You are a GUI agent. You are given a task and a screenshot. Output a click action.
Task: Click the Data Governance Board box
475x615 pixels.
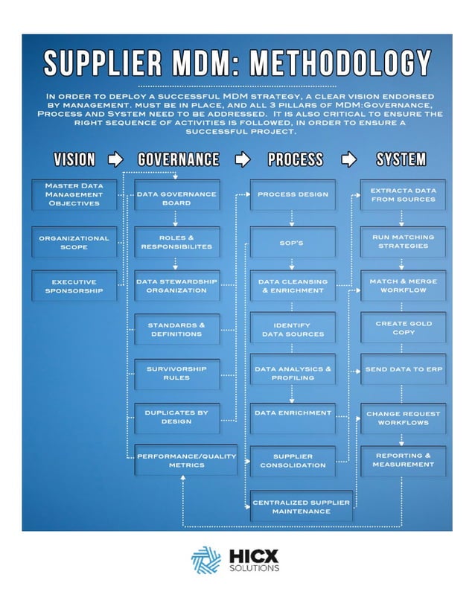pyautogui.click(x=176, y=198)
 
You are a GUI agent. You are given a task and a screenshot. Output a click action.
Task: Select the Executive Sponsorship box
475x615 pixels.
pyautogui.click(x=74, y=287)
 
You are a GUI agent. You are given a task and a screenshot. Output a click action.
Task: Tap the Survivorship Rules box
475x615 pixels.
pyautogui.click(x=176, y=373)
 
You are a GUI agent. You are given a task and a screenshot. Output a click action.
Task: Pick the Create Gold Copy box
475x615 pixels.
pyautogui.click(x=403, y=328)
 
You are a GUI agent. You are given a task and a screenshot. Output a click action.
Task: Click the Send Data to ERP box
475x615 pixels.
pyautogui.click(x=403, y=369)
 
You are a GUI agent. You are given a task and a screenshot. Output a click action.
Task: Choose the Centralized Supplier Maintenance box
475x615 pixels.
pyautogui.click(x=301, y=507)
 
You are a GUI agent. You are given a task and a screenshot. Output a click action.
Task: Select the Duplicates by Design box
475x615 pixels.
pyautogui.click(x=176, y=417)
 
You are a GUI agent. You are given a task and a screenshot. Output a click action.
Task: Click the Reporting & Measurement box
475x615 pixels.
pyautogui.click(x=403, y=460)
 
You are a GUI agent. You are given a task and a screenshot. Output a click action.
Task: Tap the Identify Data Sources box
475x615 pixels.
pyautogui.click(x=292, y=330)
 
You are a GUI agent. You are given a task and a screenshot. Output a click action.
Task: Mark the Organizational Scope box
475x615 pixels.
pyautogui.click(x=74, y=243)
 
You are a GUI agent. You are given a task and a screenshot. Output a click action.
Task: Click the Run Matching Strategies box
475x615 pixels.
pyautogui.click(x=403, y=241)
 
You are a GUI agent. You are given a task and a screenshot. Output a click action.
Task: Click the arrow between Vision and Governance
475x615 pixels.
pyautogui.click(x=115, y=159)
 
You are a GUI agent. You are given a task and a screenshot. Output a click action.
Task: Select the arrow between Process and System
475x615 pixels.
pyautogui.click(x=348, y=159)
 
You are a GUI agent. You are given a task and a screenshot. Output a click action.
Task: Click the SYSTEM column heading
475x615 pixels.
pyautogui.click(x=401, y=159)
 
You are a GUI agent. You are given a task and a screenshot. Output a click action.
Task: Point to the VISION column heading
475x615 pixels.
pyautogui.click(x=74, y=159)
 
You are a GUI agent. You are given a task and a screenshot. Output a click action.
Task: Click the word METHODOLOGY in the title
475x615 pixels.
pyautogui.click(x=339, y=64)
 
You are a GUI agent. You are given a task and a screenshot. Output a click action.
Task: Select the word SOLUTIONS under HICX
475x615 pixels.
pyautogui.click(x=255, y=568)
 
